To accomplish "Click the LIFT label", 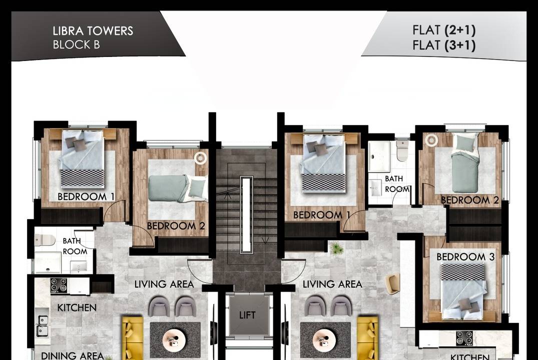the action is click(x=247, y=315).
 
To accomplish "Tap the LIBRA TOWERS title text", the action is click(x=93, y=31).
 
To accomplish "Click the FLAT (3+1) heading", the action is click(x=444, y=45).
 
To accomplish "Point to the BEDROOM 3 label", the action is click(x=465, y=257).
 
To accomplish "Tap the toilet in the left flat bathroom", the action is click(x=45, y=240).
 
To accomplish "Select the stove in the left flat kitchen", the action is click(x=59, y=285).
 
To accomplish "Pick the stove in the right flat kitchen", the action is click(x=464, y=338).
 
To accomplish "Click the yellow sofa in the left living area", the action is click(x=133, y=338).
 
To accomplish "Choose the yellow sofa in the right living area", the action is click(x=367, y=338).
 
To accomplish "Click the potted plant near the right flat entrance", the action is click(x=336, y=248).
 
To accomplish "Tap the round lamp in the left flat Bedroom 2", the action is click(x=200, y=157).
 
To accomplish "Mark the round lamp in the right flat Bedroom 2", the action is click(x=431, y=140).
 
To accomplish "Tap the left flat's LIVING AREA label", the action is click(x=164, y=284).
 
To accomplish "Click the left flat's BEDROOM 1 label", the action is click(x=86, y=197).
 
